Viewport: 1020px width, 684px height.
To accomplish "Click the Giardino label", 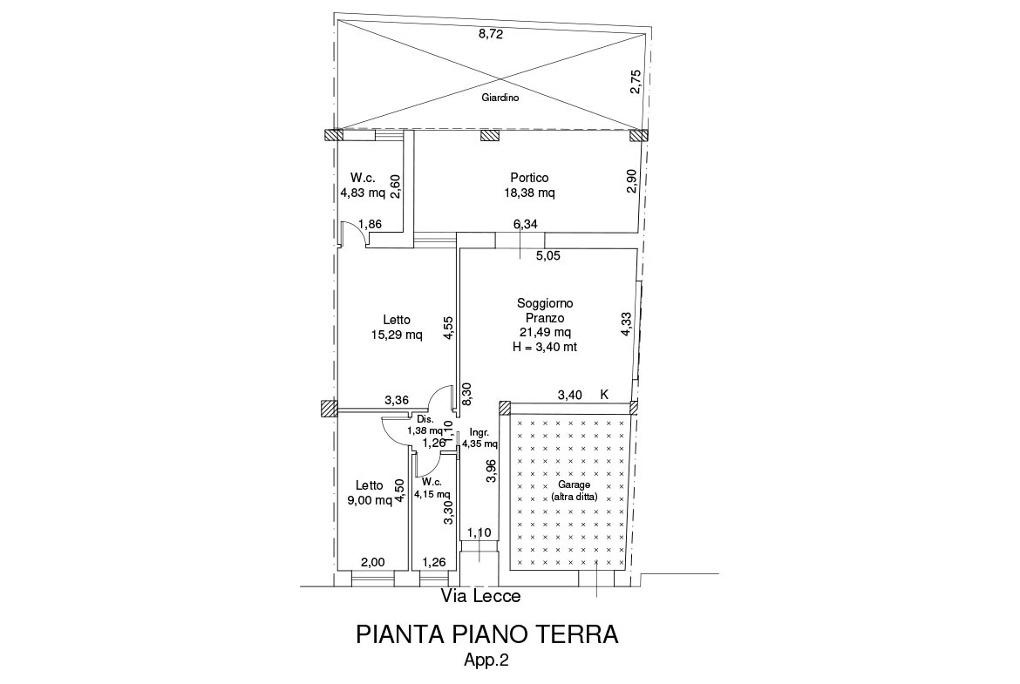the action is coord(500,98).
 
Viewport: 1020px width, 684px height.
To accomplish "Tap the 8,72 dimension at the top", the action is coord(491,35).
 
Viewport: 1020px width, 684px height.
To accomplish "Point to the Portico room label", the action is coord(529,178).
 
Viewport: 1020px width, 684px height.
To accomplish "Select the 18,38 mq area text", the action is coord(529,193).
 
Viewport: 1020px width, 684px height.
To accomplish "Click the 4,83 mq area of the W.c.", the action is coord(363,193).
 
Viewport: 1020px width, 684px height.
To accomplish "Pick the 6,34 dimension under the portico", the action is coord(526,224).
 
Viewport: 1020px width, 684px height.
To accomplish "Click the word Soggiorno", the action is coord(545,303).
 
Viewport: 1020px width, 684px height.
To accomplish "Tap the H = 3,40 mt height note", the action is coord(545,347).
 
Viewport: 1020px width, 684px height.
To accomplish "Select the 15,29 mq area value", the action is coord(397,335).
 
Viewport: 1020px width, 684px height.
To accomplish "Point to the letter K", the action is coord(604,394).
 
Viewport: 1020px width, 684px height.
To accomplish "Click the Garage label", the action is coord(575,485).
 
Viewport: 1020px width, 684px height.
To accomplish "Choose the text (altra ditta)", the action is coord(575,498).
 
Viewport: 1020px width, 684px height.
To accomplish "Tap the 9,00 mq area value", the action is coord(370,500).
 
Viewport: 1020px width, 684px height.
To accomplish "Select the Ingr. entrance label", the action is coord(478,432).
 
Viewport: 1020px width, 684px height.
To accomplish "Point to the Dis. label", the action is coord(425,419).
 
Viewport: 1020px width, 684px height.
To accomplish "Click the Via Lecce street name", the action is coord(480,596).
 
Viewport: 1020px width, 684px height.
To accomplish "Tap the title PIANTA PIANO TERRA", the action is coord(487,634).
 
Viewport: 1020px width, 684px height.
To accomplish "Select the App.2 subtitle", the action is coord(486,660).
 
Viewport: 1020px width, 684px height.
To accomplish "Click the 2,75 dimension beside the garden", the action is coord(636,82).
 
